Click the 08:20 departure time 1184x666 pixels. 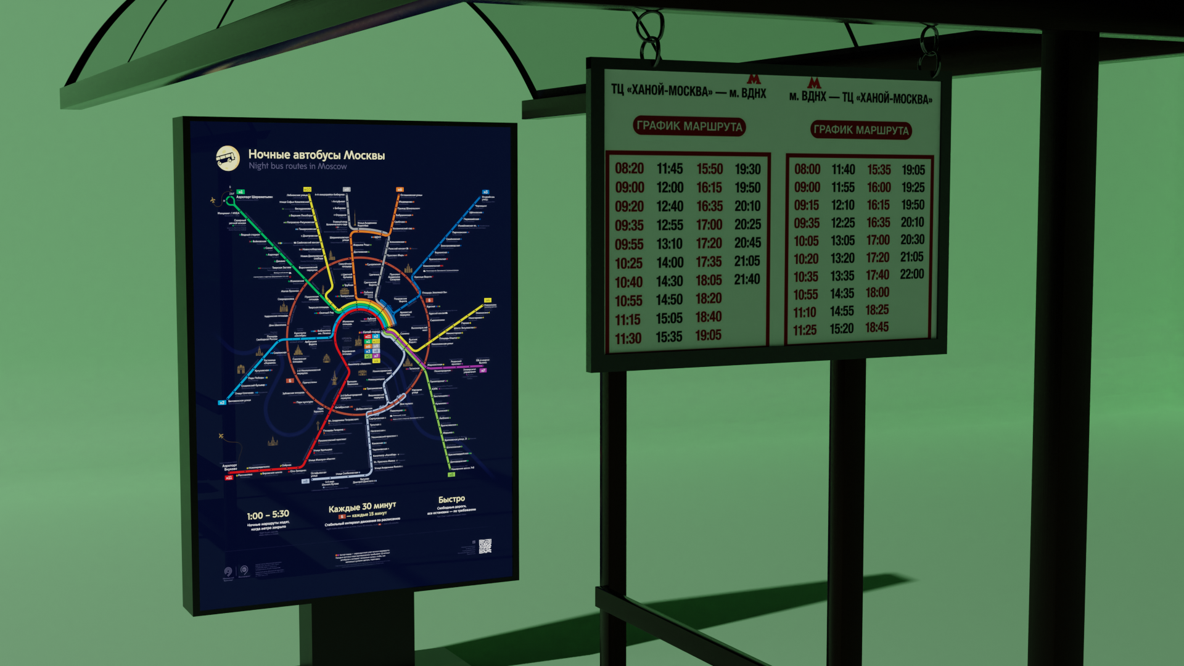click(x=629, y=168)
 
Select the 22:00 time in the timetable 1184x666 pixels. click(x=911, y=274)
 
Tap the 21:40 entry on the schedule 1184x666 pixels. click(x=747, y=279)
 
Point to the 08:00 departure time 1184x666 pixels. click(x=807, y=170)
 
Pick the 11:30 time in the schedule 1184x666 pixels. click(x=628, y=339)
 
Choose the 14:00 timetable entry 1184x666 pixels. click(x=670, y=263)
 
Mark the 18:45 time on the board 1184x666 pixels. click(x=877, y=327)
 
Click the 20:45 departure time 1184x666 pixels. click(x=747, y=243)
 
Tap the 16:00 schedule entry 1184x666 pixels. click(x=879, y=187)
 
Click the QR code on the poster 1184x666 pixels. click(x=485, y=546)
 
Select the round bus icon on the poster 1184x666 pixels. click(x=228, y=157)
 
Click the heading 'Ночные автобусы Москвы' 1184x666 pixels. click(x=316, y=155)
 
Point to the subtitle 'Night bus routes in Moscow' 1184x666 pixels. click(x=297, y=166)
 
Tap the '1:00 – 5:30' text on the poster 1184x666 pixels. click(x=268, y=515)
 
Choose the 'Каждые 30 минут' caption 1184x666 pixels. click(x=362, y=507)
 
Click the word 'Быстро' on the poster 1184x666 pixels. click(x=451, y=499)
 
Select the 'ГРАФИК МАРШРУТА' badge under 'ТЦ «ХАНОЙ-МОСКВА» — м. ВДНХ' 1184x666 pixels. click(x=689, y=126)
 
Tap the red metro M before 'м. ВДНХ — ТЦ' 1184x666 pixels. click(x=814, y=83)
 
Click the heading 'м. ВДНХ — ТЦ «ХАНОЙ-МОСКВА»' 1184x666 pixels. click(x=861, y=97)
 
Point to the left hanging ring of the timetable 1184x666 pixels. click(x=649, y=37)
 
